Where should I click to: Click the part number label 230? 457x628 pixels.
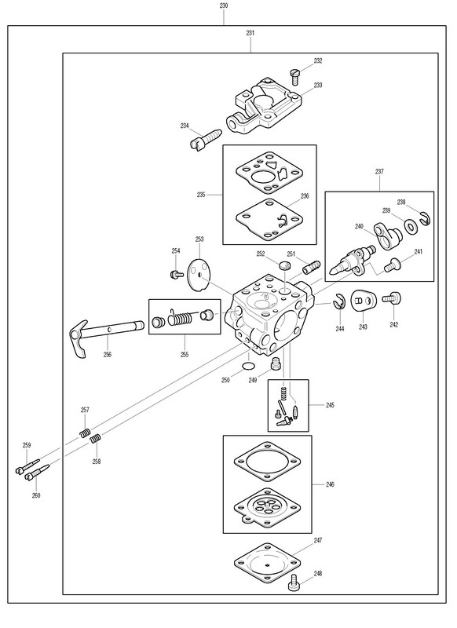coord(224,6)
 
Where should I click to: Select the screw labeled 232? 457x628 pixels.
coord(294,77)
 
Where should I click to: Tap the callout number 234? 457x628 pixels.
coord(185,126)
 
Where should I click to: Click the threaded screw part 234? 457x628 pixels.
coord(204,140)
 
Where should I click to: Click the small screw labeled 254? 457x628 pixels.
coord(176,274)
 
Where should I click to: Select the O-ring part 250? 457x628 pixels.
coord(249,366)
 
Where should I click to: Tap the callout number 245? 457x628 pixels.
coord(330,405)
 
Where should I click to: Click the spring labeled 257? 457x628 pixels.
coord(85,433)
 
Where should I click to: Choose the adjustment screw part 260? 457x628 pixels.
coord(36,473)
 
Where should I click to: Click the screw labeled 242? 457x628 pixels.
coord(392,298)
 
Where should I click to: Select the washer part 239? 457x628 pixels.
coord(410,227)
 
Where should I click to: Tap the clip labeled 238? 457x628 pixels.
coord(426,219)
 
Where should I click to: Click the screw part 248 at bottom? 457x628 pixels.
coord(294,582)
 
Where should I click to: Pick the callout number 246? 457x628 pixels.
coord(330,484)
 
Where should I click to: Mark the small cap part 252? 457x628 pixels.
coord(283,265)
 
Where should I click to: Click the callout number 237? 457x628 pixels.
coord(379,171)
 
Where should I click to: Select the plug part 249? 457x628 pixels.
coord(275,363)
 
